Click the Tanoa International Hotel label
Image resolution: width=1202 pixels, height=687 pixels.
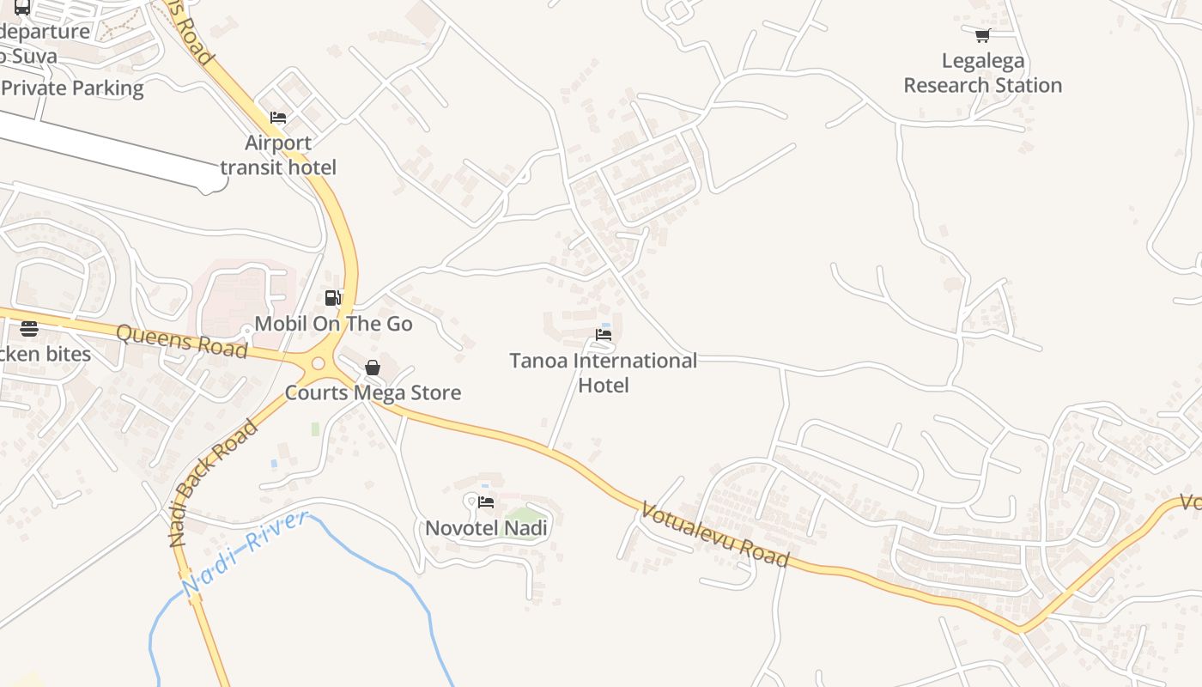[603, 373]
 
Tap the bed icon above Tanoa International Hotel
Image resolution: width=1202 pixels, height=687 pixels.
[604, 334]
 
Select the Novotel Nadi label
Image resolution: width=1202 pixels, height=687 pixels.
[487, 527]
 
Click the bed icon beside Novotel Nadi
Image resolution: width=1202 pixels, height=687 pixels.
[486, 502]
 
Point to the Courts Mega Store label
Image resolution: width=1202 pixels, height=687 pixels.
[373, 392]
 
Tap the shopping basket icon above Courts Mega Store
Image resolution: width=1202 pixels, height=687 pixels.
[373, 368]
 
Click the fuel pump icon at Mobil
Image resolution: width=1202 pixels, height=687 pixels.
[333, 298]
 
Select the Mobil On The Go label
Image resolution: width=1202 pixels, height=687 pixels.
[333, 324]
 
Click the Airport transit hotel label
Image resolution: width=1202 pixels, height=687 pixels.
[278, 155]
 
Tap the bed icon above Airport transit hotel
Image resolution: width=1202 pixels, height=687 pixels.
[278, 118]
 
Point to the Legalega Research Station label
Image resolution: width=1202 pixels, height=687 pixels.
[982, 73]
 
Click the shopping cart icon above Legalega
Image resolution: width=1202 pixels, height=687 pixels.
[982, 35]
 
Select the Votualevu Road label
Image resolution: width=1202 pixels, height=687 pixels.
[714, 535]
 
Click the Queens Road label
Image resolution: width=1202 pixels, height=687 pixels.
[181, 341]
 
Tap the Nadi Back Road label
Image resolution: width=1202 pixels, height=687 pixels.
[213, 483]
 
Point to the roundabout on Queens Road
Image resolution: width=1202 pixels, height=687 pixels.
[319, 363]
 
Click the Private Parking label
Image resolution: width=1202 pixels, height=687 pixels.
[72, 88]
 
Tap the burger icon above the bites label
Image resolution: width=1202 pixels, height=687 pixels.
[29, 329]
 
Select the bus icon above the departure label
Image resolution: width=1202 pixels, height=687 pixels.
[22, 8]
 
